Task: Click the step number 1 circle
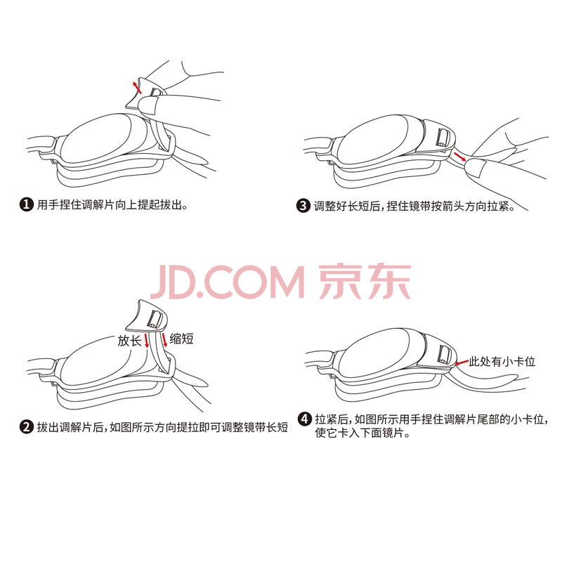(x=26, y=205)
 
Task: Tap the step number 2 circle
(x=27, y=427)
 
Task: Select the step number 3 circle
(x=303, y=206)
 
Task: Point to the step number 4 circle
(x=305, y=419)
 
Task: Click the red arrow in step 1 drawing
(x=137, y=87)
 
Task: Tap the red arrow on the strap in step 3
(x=459, y=156)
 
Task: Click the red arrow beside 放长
(x=147, y=341)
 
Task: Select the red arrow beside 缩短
(x=164, y=340)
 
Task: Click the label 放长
(x=129, y=341)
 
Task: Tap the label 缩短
(x=182, y=339)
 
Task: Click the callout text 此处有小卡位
(x=502, y=361)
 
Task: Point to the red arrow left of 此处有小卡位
(x=462, y=363)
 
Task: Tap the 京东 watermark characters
(x=365, y=282)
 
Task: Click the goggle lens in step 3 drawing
(x=373, y=139)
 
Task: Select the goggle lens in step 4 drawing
(x=374, y=353)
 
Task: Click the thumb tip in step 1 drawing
(x=148, y=105)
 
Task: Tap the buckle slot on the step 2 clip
(x=155, y=319)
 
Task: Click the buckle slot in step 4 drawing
(x=444, y=355)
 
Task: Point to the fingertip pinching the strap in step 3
(x=475, y=168)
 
